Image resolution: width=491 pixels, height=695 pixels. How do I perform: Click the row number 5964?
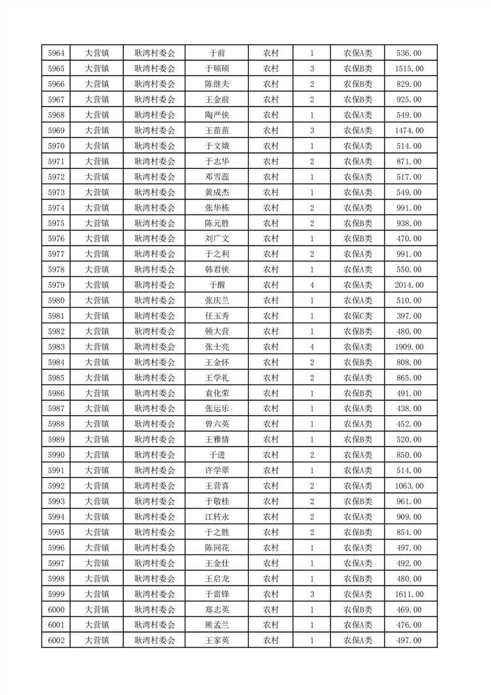tap(56, 53)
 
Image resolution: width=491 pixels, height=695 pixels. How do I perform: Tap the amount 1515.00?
tap(409, 69)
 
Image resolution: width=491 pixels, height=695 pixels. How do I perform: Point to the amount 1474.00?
tap(409, 131)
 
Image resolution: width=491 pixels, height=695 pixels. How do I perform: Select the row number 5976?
tap(56, 239)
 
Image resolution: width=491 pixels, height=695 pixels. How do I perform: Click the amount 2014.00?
tap(409, 285)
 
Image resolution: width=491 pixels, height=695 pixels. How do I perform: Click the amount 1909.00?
tap(409, 347)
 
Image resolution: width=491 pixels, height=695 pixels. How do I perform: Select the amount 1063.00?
tap(409, 486)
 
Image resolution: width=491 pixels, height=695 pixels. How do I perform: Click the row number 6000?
tap(56, 610)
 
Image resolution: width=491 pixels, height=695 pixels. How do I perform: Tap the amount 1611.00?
tap(409, 594)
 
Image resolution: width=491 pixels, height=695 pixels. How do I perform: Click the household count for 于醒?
tap(311, 285)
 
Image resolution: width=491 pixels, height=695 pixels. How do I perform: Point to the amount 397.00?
tap(409, 316)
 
